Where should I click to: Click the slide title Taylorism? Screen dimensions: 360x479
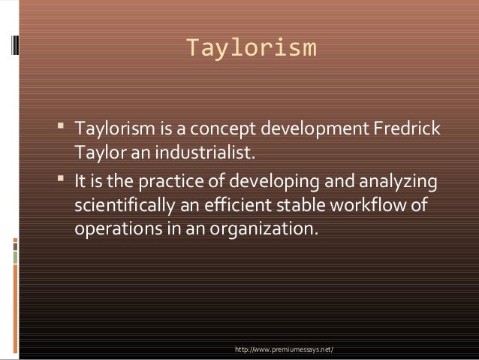coord(251,48)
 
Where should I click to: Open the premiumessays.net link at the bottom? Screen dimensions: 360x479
coord(285,350)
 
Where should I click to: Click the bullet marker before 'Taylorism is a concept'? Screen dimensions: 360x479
coord(61,129)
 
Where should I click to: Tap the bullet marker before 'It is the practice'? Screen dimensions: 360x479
coord(61,183)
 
